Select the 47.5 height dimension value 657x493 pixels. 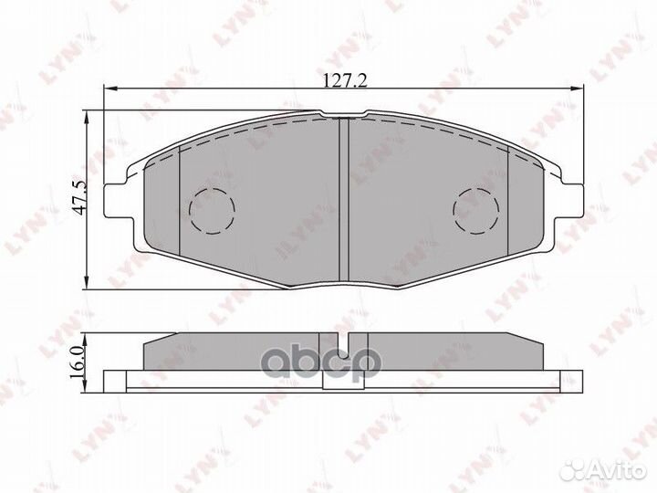click(79, 197)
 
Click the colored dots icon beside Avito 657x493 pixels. click(576, 468)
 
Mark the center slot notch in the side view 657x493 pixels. click(345, 347)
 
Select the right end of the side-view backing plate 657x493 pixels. click(579, 378)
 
